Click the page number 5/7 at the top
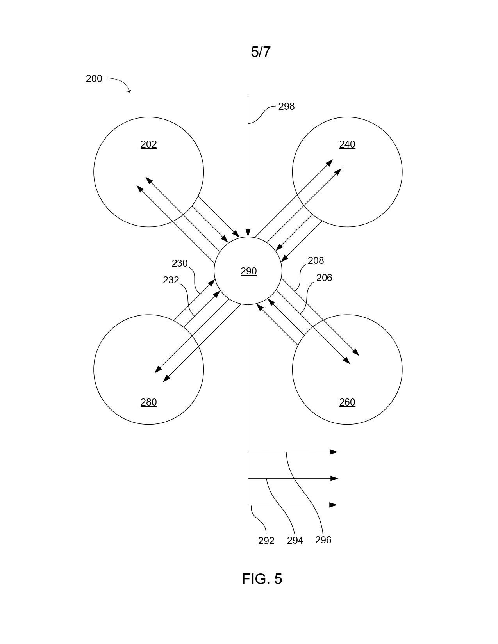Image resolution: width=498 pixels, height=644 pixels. pos(261,52)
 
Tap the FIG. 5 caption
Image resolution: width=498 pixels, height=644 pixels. pos(262,578)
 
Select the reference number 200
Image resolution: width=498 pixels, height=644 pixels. pos(94,78)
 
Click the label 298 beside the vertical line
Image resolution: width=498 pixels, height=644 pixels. pos(286,107)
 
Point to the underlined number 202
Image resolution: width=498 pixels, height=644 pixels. pos(148,144)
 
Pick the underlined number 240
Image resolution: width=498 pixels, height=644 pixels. pos(347,144)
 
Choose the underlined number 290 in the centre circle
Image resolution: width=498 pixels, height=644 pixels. pos(248,271)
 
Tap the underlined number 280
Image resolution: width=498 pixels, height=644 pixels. pos(148,402)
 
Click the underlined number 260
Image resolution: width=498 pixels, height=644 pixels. pos(347,402)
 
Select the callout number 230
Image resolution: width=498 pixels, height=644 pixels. pos(180,263)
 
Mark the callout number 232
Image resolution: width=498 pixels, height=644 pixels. pos(171,280)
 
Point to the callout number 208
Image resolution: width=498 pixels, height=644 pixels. pos(316,260)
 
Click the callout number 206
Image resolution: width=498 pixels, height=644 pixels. pos(324,278)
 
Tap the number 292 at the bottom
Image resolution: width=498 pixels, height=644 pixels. pos(266,541)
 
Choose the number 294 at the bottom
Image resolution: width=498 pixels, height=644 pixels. pos(295,541)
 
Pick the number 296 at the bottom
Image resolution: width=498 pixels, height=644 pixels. pos(323,540)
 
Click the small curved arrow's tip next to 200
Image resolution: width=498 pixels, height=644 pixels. pos(129,92)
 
